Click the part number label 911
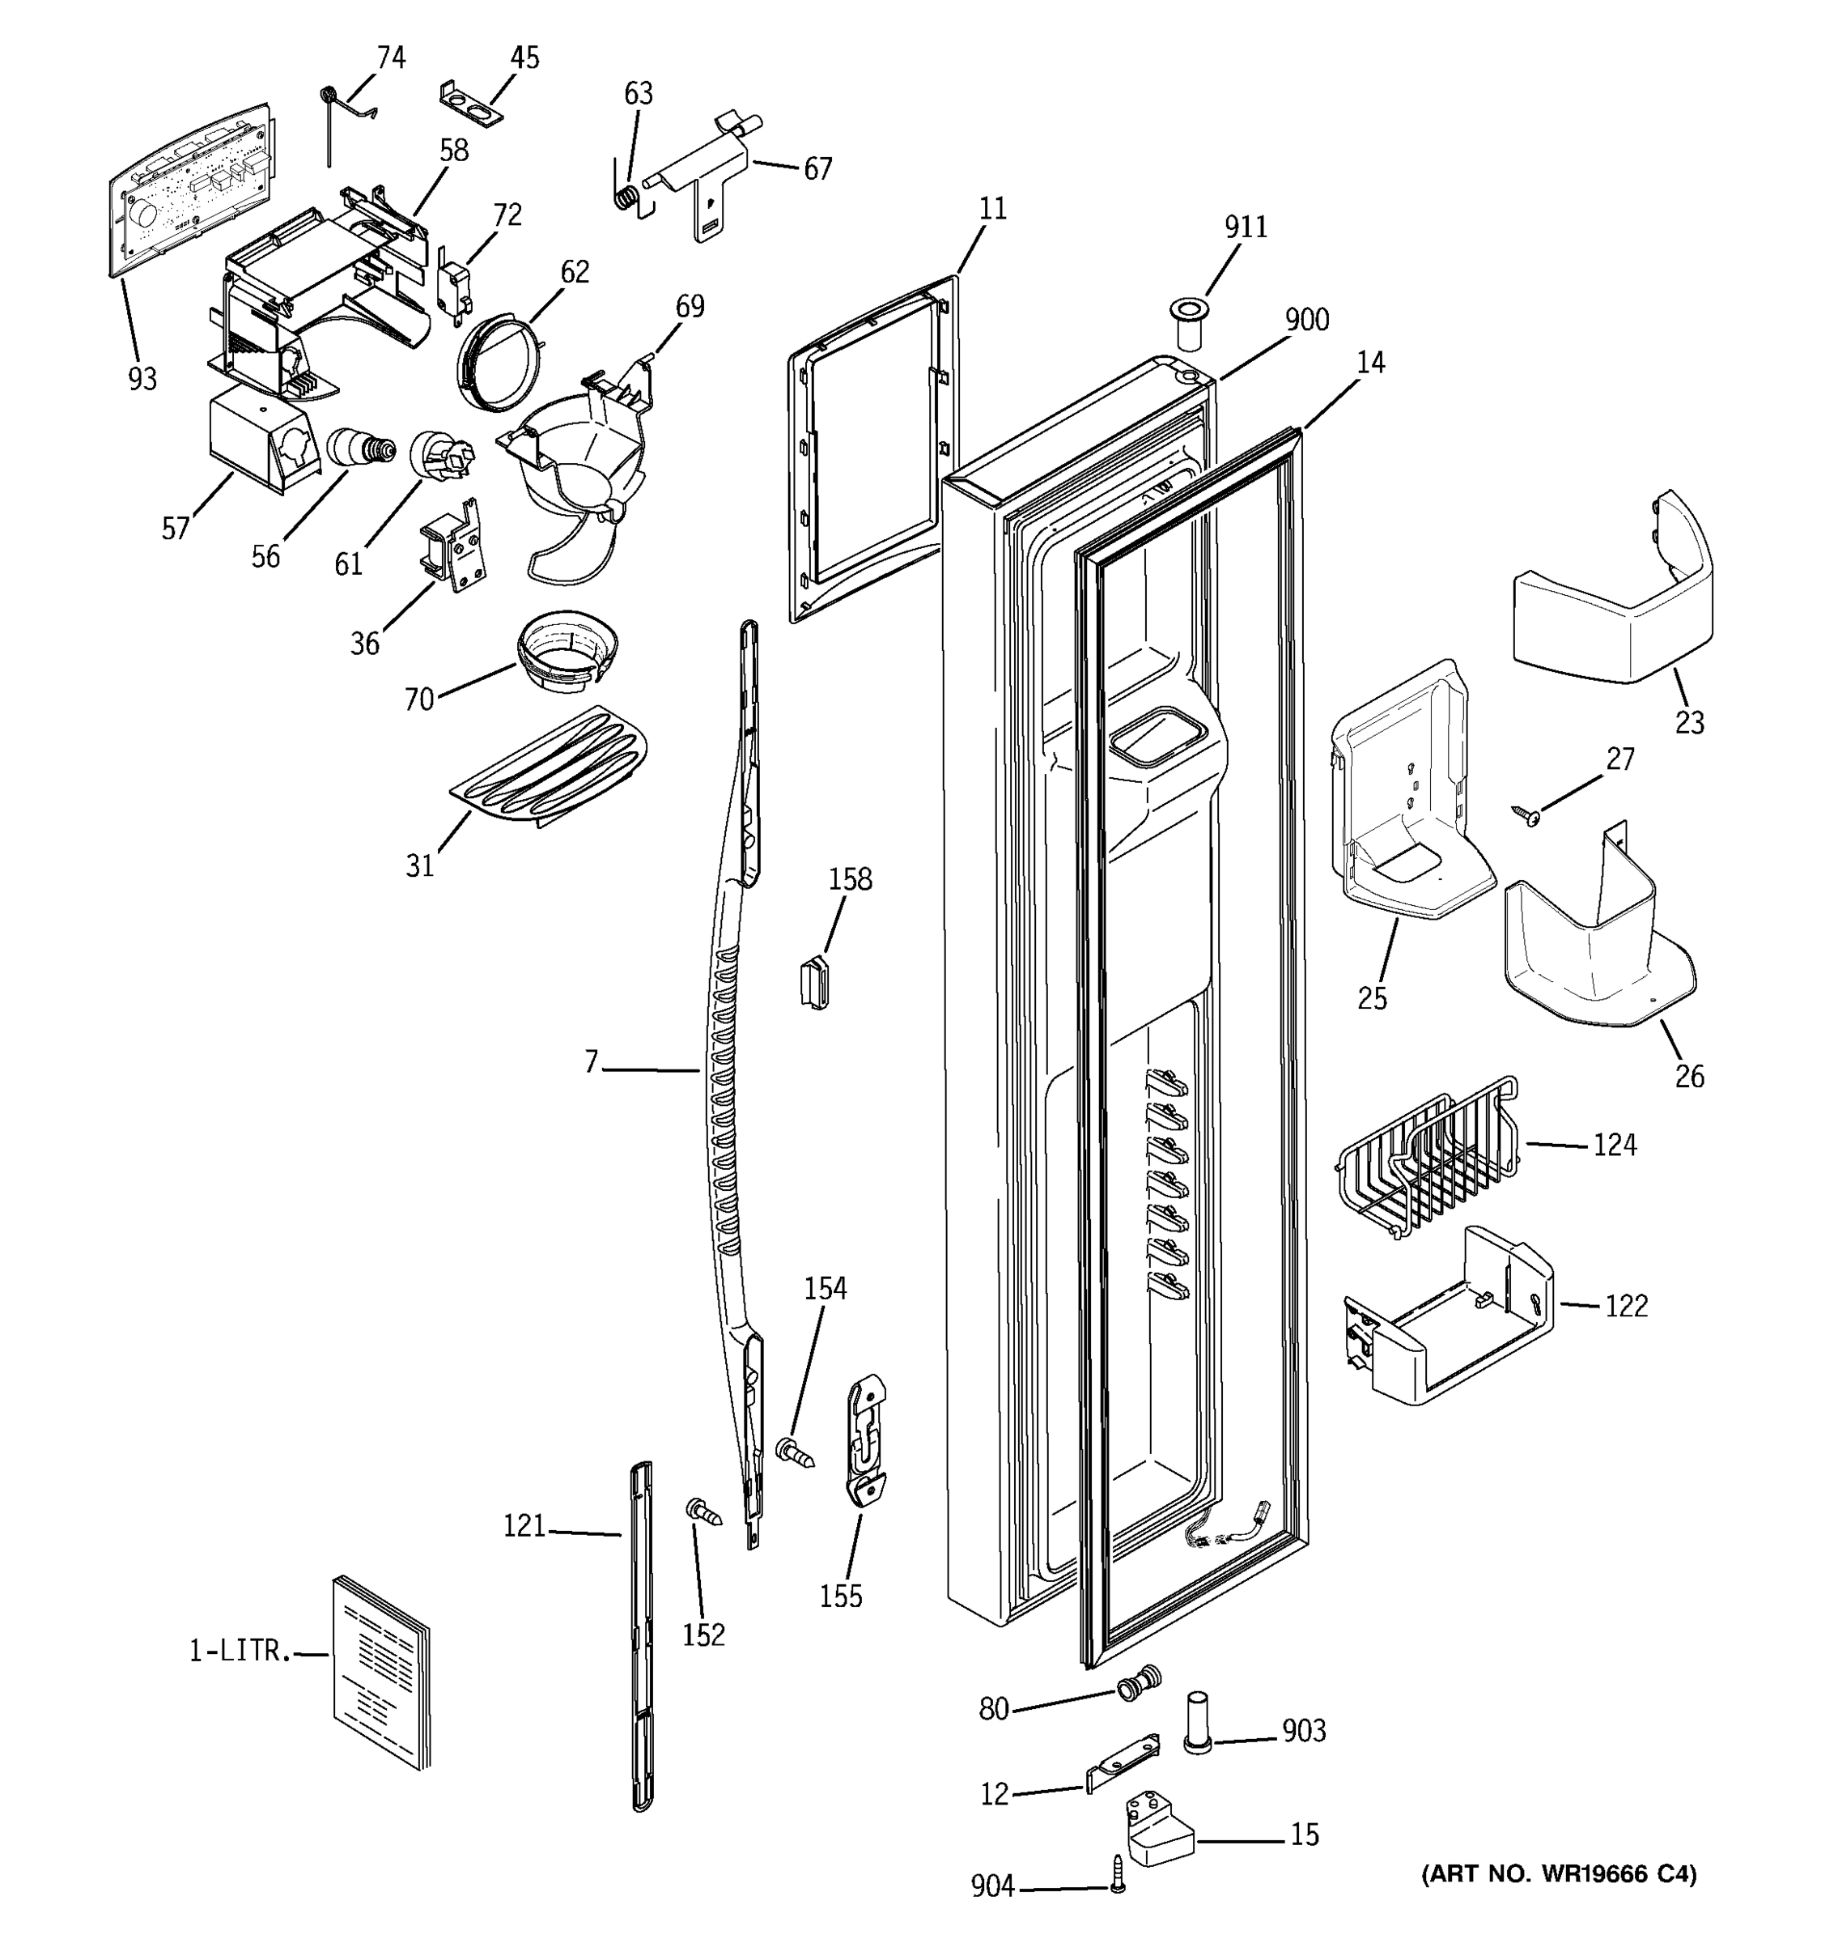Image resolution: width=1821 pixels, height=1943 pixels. (1246, 227)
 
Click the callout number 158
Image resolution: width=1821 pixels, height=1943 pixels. (850, 878)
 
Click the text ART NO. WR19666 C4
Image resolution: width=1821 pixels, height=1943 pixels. (1558, 1873)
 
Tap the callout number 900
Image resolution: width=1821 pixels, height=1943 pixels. (1306, 320)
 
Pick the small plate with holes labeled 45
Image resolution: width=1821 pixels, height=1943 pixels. (471, 104)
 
